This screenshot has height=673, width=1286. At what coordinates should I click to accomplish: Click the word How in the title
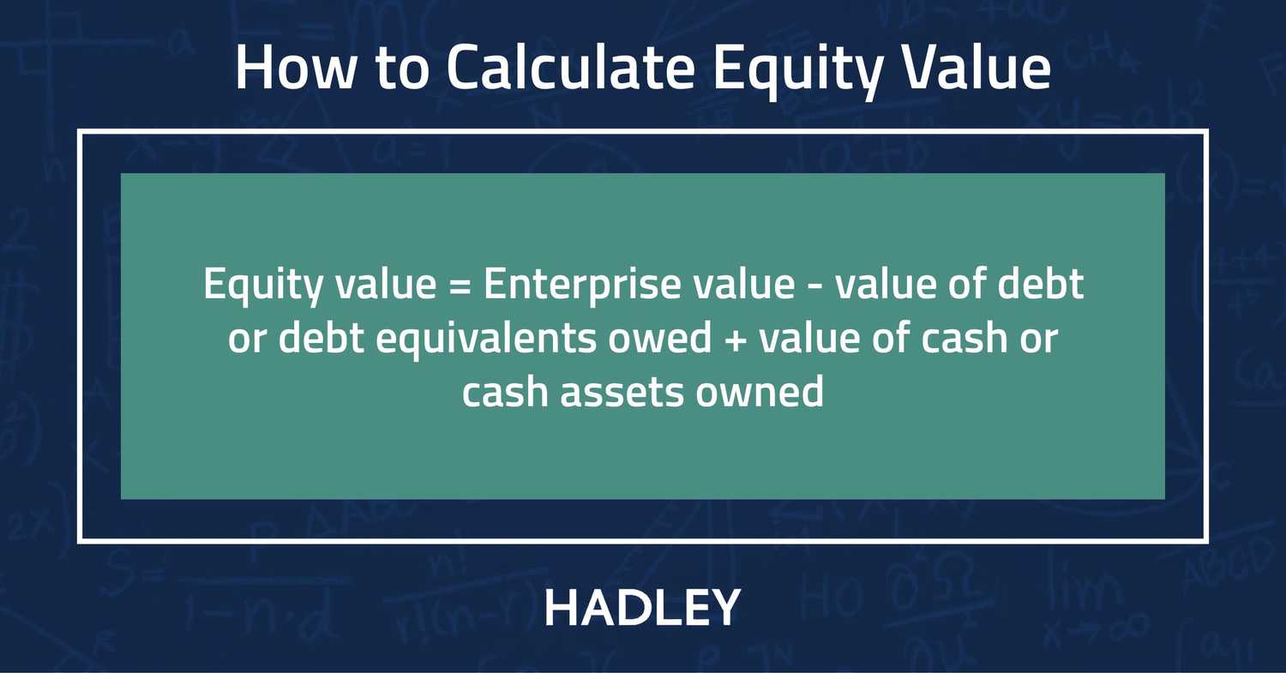click(x=293, y=69)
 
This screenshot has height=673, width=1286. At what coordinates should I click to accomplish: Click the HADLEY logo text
click(x=642, y=608)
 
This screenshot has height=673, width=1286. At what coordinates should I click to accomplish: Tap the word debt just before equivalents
click(x=327, y=339)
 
